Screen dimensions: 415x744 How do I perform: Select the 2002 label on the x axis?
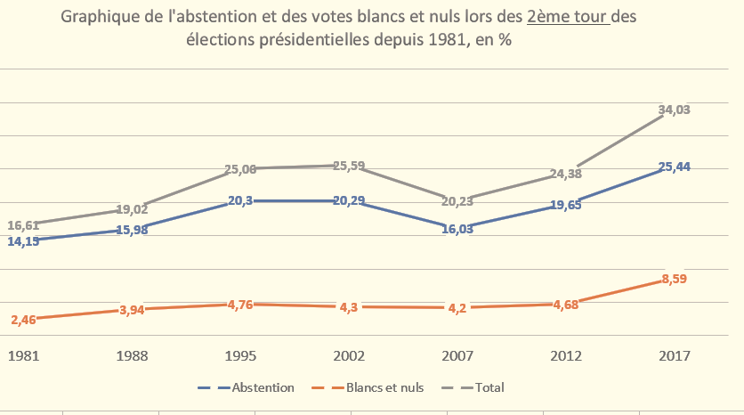[348, 355]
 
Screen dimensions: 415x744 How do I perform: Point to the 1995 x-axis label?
[240, 355]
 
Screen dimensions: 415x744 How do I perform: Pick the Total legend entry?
[489, 387]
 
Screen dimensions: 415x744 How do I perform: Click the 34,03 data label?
[674, 110]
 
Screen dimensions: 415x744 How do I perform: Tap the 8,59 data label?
[673, 279]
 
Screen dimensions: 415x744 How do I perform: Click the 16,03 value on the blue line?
[457, 228]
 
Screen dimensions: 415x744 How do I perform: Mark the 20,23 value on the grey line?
[457, 200]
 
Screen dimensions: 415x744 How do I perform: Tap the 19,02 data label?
[132, 210]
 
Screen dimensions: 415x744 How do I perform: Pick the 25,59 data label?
[349, 166]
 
